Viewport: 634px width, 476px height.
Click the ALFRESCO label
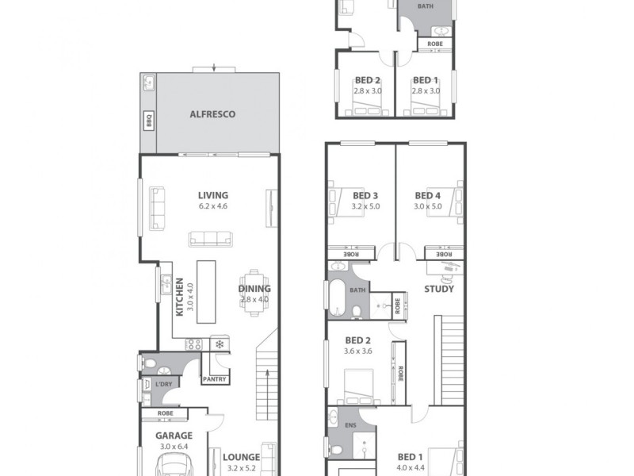click(x=212, y=114)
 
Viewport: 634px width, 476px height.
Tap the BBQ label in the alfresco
click(x=147, y=121)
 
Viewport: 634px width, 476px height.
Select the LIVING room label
click(x=213, y=195)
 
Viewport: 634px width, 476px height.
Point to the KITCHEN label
click(x=181, y=297)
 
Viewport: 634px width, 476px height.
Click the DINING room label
click(x=254, y=289)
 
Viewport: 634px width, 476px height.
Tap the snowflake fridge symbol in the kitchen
click(x=220, y=344)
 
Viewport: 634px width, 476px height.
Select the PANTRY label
click(x=214, y=379)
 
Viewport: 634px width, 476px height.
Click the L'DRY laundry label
click(x=165, y=384)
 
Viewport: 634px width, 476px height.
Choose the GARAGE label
click(x=174, y=436)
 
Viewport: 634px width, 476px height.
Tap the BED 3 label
click(x=365, y=196)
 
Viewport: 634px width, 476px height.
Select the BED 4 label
click(x=427, y=196)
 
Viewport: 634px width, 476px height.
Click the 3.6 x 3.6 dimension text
click(x=357, y=351)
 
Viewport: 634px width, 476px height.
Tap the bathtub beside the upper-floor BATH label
click(x=338, y=294)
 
